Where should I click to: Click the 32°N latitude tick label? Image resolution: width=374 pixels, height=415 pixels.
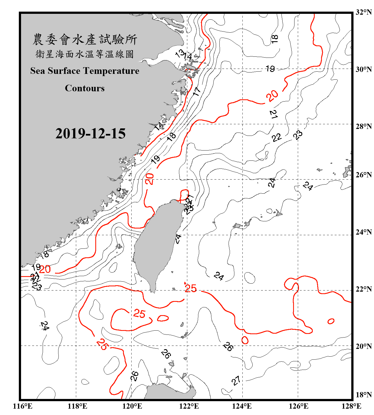(363, 12)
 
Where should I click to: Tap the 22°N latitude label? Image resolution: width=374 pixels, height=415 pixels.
(363, 289)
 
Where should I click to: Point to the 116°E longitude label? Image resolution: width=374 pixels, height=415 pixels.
(23, 406)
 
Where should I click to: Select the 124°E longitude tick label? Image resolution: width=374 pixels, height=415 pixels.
(242, 406)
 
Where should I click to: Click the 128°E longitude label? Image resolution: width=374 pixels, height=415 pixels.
(351, 406)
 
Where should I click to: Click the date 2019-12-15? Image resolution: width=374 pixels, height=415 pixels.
(90, 133)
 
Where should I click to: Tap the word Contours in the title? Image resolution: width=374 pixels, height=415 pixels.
(85, 88)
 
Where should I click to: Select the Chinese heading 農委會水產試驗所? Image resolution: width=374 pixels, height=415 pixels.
(85, 39)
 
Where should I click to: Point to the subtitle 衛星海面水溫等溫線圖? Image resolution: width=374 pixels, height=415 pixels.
(85, 54)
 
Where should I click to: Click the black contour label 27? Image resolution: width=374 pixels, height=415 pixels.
(236, 381)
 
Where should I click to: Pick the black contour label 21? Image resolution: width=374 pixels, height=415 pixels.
(273, 114)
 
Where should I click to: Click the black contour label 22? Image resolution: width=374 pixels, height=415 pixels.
(276, 138)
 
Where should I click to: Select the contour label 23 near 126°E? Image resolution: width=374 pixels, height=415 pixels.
(298, 135)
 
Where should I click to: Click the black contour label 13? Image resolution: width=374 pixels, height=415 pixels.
(180, 53)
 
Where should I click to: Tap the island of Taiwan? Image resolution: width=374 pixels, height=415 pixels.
(158, 243)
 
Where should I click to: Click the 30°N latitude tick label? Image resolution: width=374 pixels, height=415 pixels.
(363, 69)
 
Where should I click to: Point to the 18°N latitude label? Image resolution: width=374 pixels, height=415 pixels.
(363, 395)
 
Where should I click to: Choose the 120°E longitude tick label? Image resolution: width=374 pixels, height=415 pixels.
(132, 406)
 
